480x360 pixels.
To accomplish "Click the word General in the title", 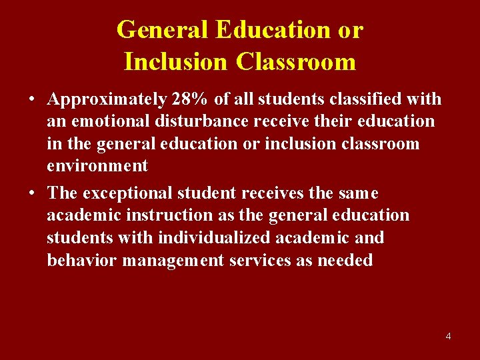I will tap(163, 29).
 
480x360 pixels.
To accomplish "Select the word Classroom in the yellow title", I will tap(295, 61).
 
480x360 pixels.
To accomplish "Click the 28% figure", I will tap(190, 99).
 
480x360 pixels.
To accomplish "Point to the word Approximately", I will tap(107, 99).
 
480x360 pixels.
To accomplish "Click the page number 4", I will tap(448, 336).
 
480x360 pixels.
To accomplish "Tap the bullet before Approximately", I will tap(32, 100).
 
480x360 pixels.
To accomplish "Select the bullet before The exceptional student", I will tap(32, 193).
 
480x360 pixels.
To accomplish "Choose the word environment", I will tap(97, 166).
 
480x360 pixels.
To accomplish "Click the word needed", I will tap(345, 260).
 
